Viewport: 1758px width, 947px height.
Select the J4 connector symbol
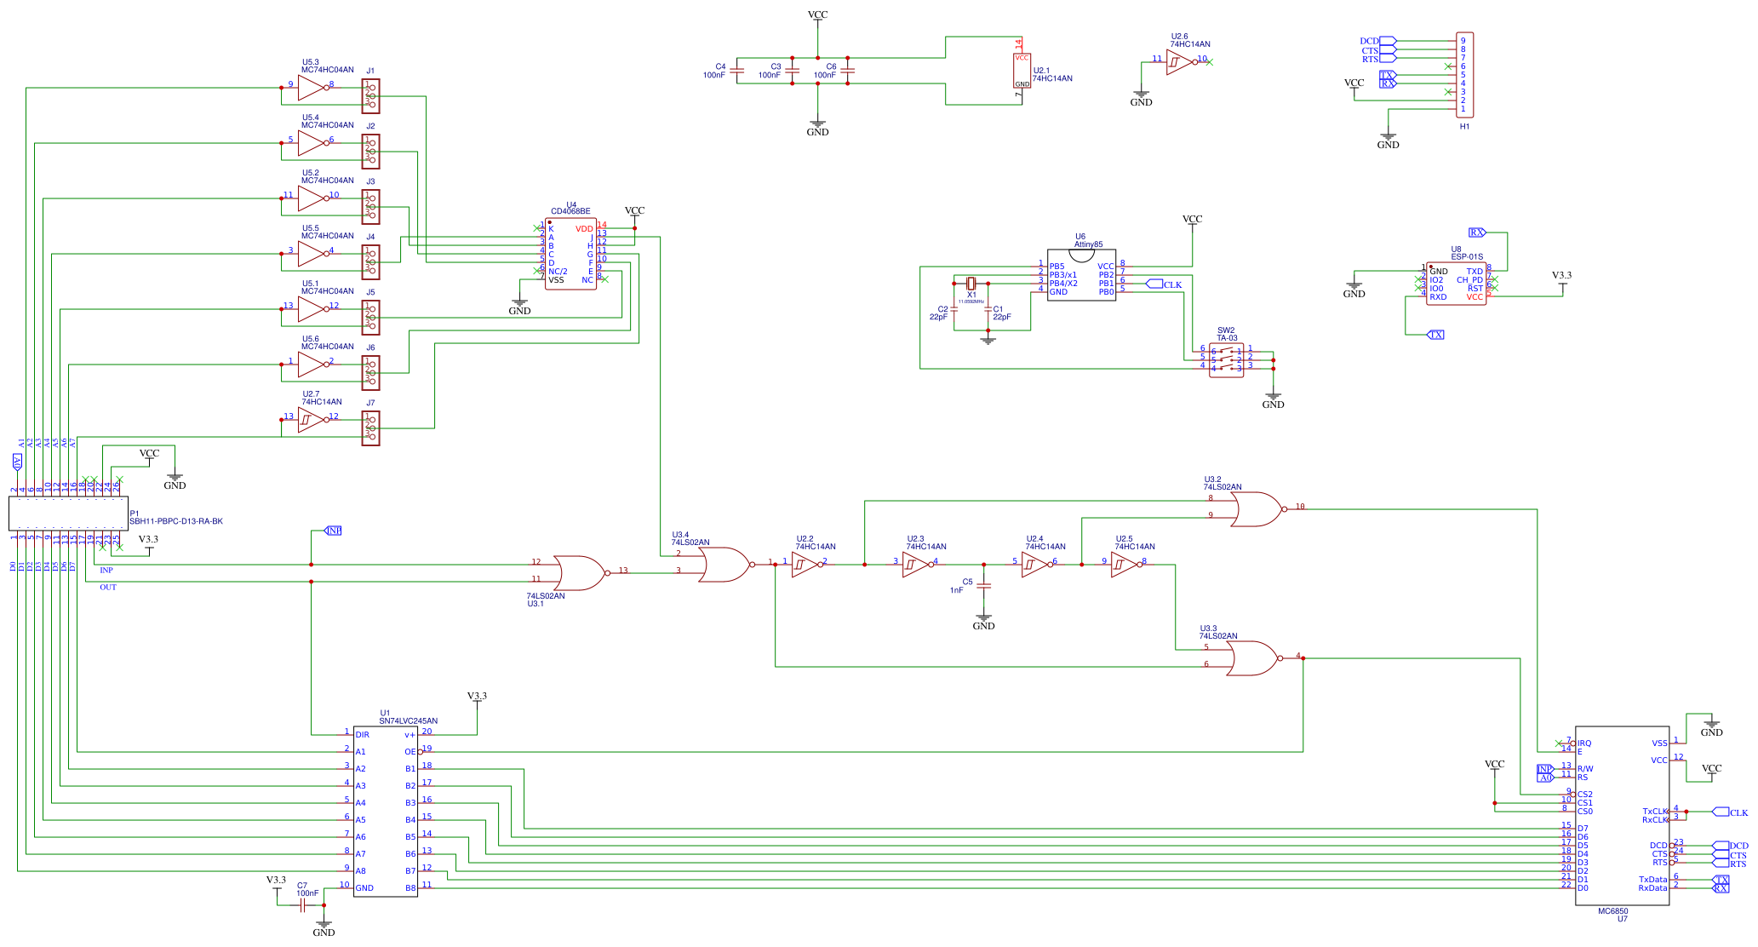click(371, 262)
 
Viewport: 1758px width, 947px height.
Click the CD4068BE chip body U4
click(570, 254)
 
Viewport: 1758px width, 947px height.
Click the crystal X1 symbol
click(971, 284)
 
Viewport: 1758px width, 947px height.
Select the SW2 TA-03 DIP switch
click(1226, 360)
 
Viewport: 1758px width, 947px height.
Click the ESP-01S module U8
click(1456, 284)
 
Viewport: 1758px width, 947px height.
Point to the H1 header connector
click(1464, 75)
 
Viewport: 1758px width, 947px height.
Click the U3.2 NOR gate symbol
click(1257, 509)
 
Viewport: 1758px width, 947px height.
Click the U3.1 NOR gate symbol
click(579, 573)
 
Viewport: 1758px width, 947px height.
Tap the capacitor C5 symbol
click(984, 586)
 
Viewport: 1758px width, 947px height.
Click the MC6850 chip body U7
click(1622, 815)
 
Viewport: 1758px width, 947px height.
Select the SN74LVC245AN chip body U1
click(385, 811)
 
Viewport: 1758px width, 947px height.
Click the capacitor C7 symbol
click(302, 905)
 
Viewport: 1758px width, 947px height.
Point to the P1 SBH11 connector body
click(68, 514)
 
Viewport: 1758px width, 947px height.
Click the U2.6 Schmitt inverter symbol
click(1179, 62)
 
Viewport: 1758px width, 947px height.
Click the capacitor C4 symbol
click(737, 71)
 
